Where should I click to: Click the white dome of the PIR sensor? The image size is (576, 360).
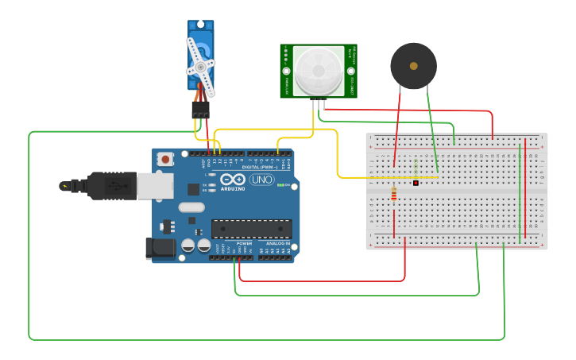[x=317, y=70]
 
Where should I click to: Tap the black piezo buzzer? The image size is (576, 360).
[x=413, y=67]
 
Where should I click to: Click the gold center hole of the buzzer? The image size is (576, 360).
[x=413, y=66]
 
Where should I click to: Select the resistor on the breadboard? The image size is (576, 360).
[x=394, y=193]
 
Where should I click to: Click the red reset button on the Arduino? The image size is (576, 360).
[x=164, y=159]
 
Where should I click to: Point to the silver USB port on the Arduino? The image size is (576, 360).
[x=155, y=186]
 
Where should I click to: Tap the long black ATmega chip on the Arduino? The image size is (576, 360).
[x=251, y=229]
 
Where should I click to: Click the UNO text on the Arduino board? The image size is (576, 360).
[x=261, y=180]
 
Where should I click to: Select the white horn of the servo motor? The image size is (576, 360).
[x=200, y=65]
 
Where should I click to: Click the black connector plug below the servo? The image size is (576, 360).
[x=200, y=109]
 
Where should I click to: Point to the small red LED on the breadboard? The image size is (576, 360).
[x=416, y=183]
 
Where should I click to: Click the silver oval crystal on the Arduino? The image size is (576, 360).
[x=191, y=207]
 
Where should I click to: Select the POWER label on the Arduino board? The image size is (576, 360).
[x=243, y=243]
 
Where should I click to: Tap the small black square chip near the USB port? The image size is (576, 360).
[x=193, y=188]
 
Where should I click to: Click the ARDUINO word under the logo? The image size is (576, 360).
[x=233, y=188]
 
